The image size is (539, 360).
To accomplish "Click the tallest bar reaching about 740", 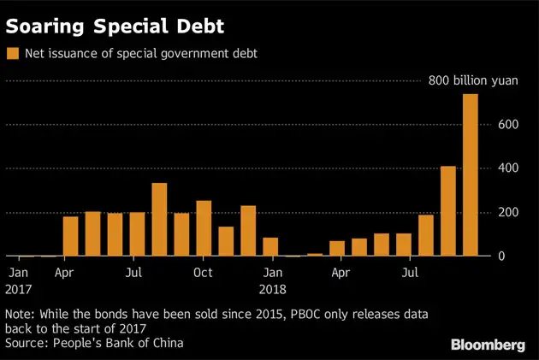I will (x=470, y=174).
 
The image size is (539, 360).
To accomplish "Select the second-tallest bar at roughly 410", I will (x=447, y=210).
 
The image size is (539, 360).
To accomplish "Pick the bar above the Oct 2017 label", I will (x=204, y=228).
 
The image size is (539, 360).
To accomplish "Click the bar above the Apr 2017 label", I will (x=70, y=236).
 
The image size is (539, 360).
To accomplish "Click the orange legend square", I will (x=12, y=54).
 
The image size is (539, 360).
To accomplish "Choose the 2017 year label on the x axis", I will (x=17, y=289).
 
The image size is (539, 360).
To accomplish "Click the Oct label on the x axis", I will (x=203, y=274).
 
